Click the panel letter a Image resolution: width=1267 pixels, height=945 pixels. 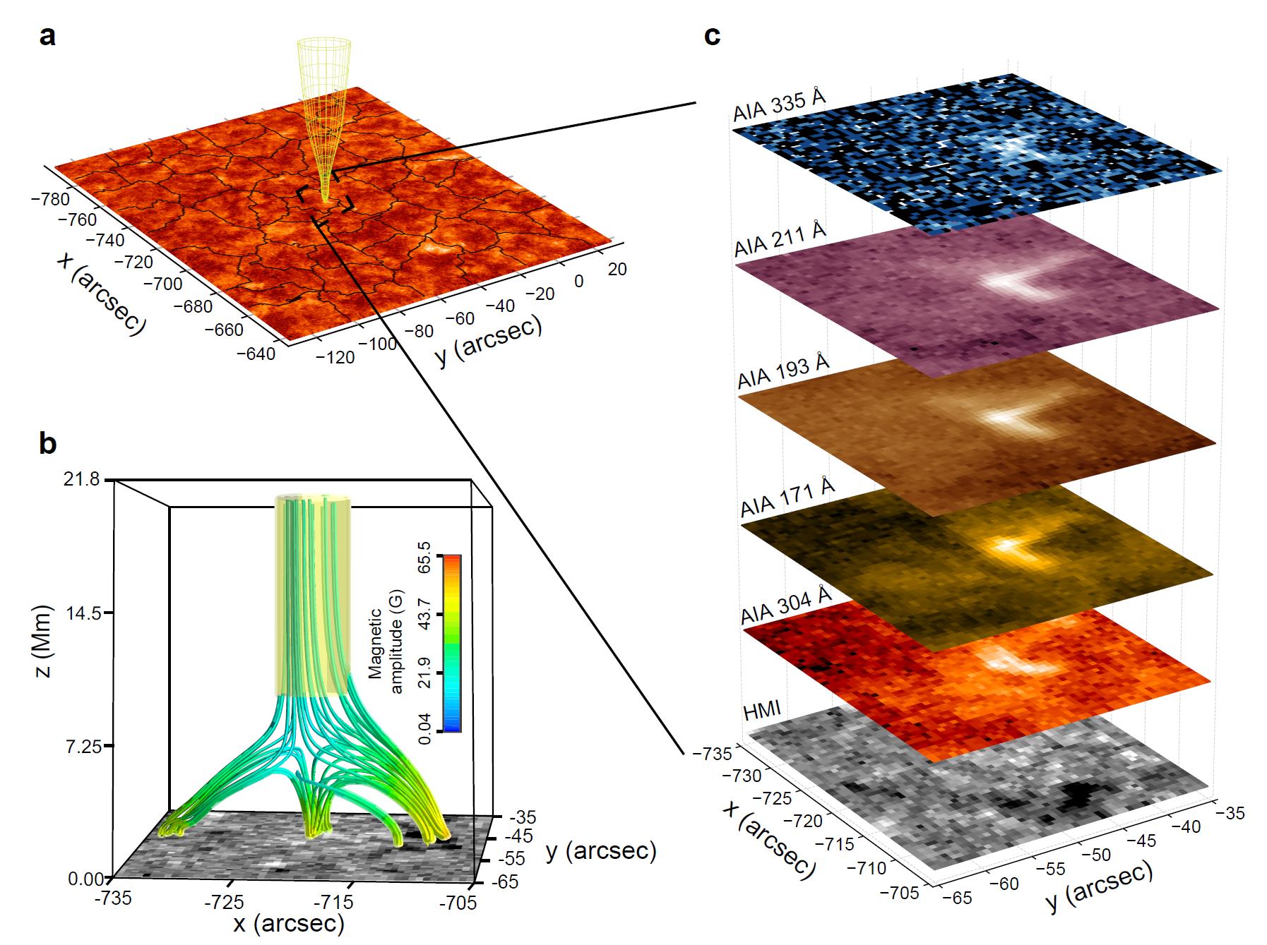47,35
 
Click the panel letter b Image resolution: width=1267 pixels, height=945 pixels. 47,444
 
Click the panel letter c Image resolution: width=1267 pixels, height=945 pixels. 713,35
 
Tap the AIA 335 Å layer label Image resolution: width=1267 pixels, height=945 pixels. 779,105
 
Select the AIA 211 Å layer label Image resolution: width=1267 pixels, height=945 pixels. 780,240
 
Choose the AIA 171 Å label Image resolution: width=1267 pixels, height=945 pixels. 787,498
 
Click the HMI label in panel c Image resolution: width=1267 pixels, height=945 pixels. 762,709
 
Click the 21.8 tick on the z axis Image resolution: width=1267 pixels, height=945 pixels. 83,479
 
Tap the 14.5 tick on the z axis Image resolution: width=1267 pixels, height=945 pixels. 83,612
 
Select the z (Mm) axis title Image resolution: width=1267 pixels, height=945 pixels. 44,641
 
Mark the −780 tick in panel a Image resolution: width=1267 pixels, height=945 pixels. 51,199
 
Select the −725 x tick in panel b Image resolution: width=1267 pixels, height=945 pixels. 225,901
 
